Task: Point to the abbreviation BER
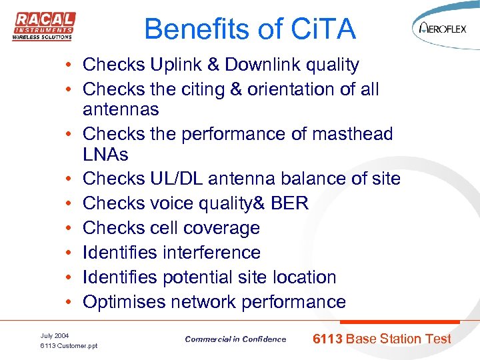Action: pyautogui.click(x=290, y=203)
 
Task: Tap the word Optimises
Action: pyautogui.click(x=124, y=302)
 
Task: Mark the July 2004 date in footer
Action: pyautogui.click(x=55, y=335)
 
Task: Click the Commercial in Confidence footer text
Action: pyautogui.click(x=235, y=339)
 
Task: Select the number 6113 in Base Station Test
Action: pyautogui.click(x=327, y=339)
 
